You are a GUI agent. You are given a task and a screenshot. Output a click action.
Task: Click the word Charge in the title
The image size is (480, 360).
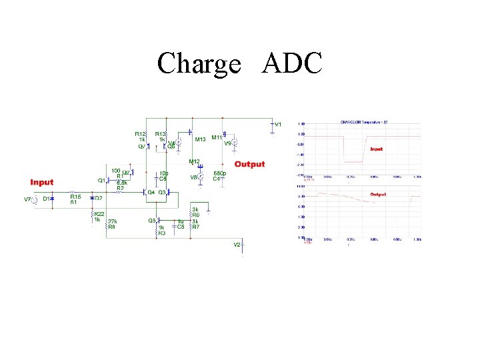tap(199, 64)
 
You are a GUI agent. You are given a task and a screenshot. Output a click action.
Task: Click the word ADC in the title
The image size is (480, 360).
tap(293, 63)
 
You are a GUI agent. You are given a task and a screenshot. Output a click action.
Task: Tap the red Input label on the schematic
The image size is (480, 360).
tap(42, 182)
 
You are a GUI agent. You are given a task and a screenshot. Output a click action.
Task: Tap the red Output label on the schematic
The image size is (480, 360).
tap(249, 164)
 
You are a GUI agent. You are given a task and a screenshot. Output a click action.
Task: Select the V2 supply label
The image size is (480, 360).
tap(237, 245)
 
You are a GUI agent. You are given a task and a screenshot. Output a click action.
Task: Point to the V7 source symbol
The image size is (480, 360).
tap(34, 199)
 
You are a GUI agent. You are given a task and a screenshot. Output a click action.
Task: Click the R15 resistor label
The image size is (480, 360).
tap(75, 197)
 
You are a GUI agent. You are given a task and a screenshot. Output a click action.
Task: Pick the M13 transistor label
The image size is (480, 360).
tap(200, 140)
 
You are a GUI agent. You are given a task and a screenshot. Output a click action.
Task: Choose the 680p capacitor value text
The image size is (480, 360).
tap(219, 174)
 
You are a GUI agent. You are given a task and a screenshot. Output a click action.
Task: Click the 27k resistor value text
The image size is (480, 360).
tap(112, 221)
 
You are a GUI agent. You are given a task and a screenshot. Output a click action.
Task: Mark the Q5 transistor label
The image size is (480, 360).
tap(151, 221)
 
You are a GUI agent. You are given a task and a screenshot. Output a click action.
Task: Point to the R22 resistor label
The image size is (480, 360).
tap(98, 214)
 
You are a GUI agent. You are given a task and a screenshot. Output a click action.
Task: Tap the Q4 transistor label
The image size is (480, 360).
tap(151, 193)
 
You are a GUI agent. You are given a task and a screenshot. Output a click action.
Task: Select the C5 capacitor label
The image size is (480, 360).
tap(181, 227)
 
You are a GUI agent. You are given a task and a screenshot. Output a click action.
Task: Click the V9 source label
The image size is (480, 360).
tap(227, 143)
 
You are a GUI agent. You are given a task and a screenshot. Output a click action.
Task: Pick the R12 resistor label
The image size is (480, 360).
tap(141, 134)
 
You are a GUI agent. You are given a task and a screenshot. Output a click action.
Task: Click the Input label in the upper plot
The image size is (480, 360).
tap(377, 149)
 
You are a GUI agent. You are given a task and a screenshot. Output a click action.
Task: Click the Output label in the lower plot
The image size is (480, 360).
tap(379, 194)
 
